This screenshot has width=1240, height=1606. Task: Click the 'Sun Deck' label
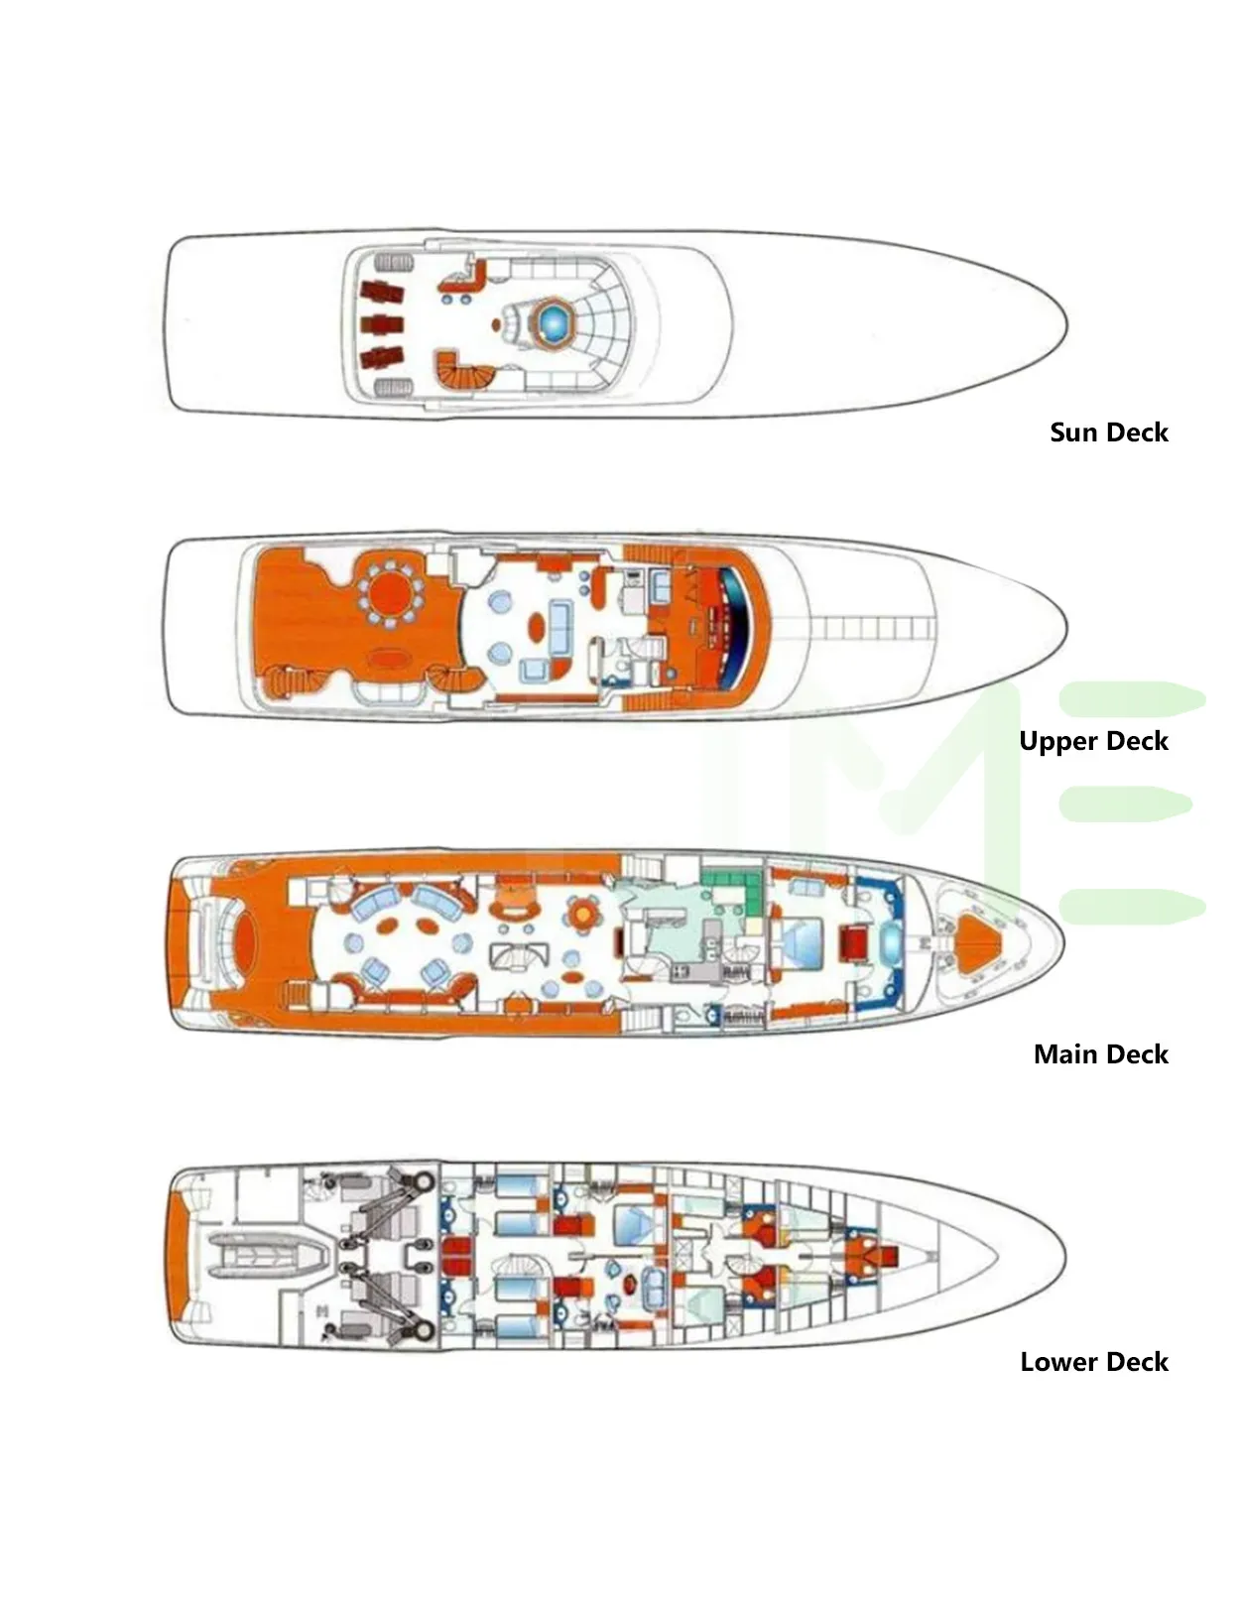1108,432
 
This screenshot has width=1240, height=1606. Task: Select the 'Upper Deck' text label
1093,741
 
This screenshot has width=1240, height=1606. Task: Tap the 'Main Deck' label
1100,1053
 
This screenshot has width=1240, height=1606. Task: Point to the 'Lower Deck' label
1093,1361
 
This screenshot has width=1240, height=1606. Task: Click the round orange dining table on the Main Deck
583,915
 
